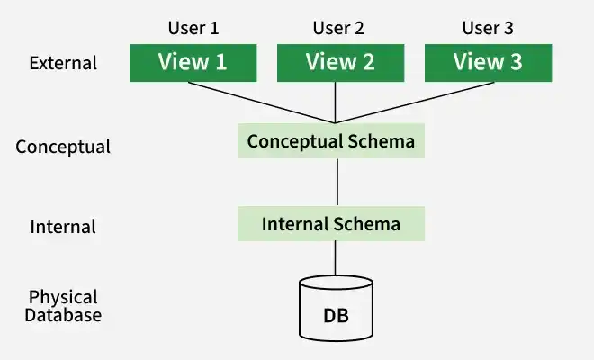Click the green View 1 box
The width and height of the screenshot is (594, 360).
193,63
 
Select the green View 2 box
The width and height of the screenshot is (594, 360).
340,63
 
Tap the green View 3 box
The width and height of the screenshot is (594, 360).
489,63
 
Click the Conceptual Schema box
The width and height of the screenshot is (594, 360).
331,141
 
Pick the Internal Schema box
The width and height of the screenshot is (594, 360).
331,224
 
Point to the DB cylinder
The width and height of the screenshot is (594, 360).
336,309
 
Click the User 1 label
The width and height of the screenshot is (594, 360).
193,28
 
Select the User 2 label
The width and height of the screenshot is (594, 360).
338,28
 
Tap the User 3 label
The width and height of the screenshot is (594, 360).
488,28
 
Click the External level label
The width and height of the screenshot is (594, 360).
63,63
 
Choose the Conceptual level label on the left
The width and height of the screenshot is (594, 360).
63,147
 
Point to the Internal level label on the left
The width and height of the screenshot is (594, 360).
63,227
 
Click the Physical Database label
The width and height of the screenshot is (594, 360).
63,306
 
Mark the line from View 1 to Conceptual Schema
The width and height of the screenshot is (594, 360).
262,103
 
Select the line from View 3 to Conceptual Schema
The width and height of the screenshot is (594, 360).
415,103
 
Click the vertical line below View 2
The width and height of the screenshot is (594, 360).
336,103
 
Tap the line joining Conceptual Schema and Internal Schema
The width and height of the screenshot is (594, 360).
337,183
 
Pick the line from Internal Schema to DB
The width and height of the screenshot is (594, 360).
336,258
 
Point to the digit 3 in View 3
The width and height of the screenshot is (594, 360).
516,62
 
